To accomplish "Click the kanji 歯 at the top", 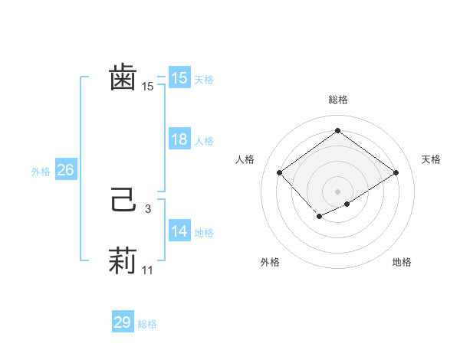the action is point(123,78).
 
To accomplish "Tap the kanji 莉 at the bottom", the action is point(123,261).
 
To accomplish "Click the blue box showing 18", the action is point(179,139).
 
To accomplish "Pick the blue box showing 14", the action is point(179,231).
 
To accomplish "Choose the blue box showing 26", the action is point(65,170).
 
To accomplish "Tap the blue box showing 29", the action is point(123,322).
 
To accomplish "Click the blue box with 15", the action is point(179,78).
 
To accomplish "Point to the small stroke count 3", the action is point(148,208).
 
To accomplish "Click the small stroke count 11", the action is point(148,270).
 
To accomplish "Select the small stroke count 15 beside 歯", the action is point(148,87).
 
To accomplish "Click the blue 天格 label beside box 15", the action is point(204,80).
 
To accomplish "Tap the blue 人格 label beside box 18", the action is point(204,141).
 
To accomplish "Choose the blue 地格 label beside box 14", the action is point(204,233).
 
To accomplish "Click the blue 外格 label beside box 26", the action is point(41,172).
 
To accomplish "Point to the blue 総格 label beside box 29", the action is point(147,324).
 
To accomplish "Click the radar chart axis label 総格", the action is point(337,100).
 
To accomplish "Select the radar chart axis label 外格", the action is point(270,263).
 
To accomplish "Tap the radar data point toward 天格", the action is point(396,172).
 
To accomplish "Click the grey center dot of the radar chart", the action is point(337,191).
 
